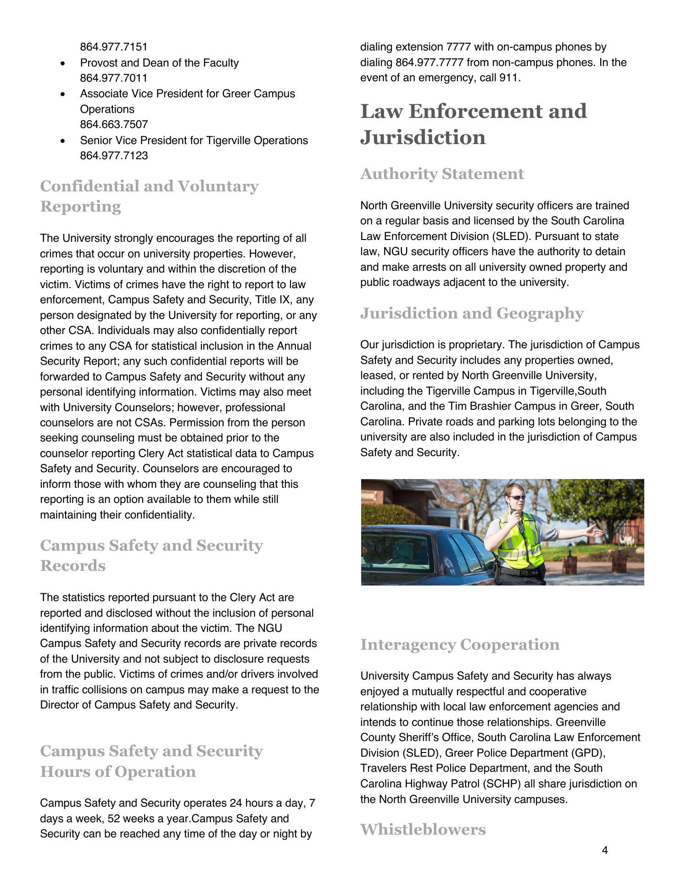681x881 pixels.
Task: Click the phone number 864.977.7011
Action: (x=114, y=78)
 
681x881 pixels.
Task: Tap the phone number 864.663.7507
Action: (x=114, y=124)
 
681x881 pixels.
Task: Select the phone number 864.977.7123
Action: (x=114, y=156)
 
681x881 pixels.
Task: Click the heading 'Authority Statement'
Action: (x=442, y=174)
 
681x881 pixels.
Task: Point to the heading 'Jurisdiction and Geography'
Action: (x=472, y=313)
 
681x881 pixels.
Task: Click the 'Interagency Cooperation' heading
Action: (x=460, y=645)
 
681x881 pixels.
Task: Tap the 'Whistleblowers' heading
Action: (x=423, y=829)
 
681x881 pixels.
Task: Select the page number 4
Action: (x=605, y=850)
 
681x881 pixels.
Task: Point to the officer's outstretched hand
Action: (x=597, y=532)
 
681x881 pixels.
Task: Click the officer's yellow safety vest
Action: (x=521, y=541)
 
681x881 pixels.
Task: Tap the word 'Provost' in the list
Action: (x=98, y=63)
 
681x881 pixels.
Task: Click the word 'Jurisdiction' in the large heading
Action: (x=423, y=137)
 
